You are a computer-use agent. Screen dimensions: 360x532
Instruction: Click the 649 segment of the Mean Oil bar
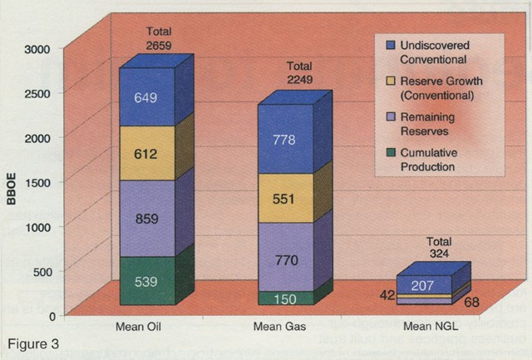coord(145,97)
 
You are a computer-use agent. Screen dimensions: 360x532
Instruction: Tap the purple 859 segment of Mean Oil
coord(145,219)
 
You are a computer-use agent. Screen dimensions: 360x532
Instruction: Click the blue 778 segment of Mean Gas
coord(286,140)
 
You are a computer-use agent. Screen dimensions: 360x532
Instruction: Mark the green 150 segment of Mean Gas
coord(286,298)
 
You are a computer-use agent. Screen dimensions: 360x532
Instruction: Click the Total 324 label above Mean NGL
coord(433,247)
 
